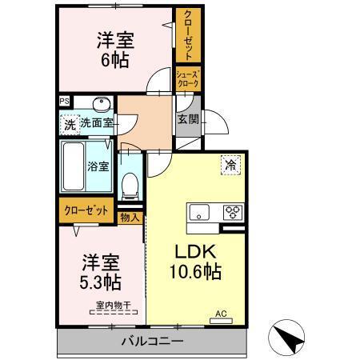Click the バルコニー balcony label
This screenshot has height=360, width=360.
click(152, 342)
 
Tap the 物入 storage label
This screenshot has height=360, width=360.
click(130, 217)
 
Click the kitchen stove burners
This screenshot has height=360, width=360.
click(234, 213)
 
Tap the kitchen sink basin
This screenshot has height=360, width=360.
click(198, 213)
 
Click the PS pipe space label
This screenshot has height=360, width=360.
click(65, 102)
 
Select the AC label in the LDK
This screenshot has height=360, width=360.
click(220, 315)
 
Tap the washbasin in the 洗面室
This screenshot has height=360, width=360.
click(100, 106)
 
